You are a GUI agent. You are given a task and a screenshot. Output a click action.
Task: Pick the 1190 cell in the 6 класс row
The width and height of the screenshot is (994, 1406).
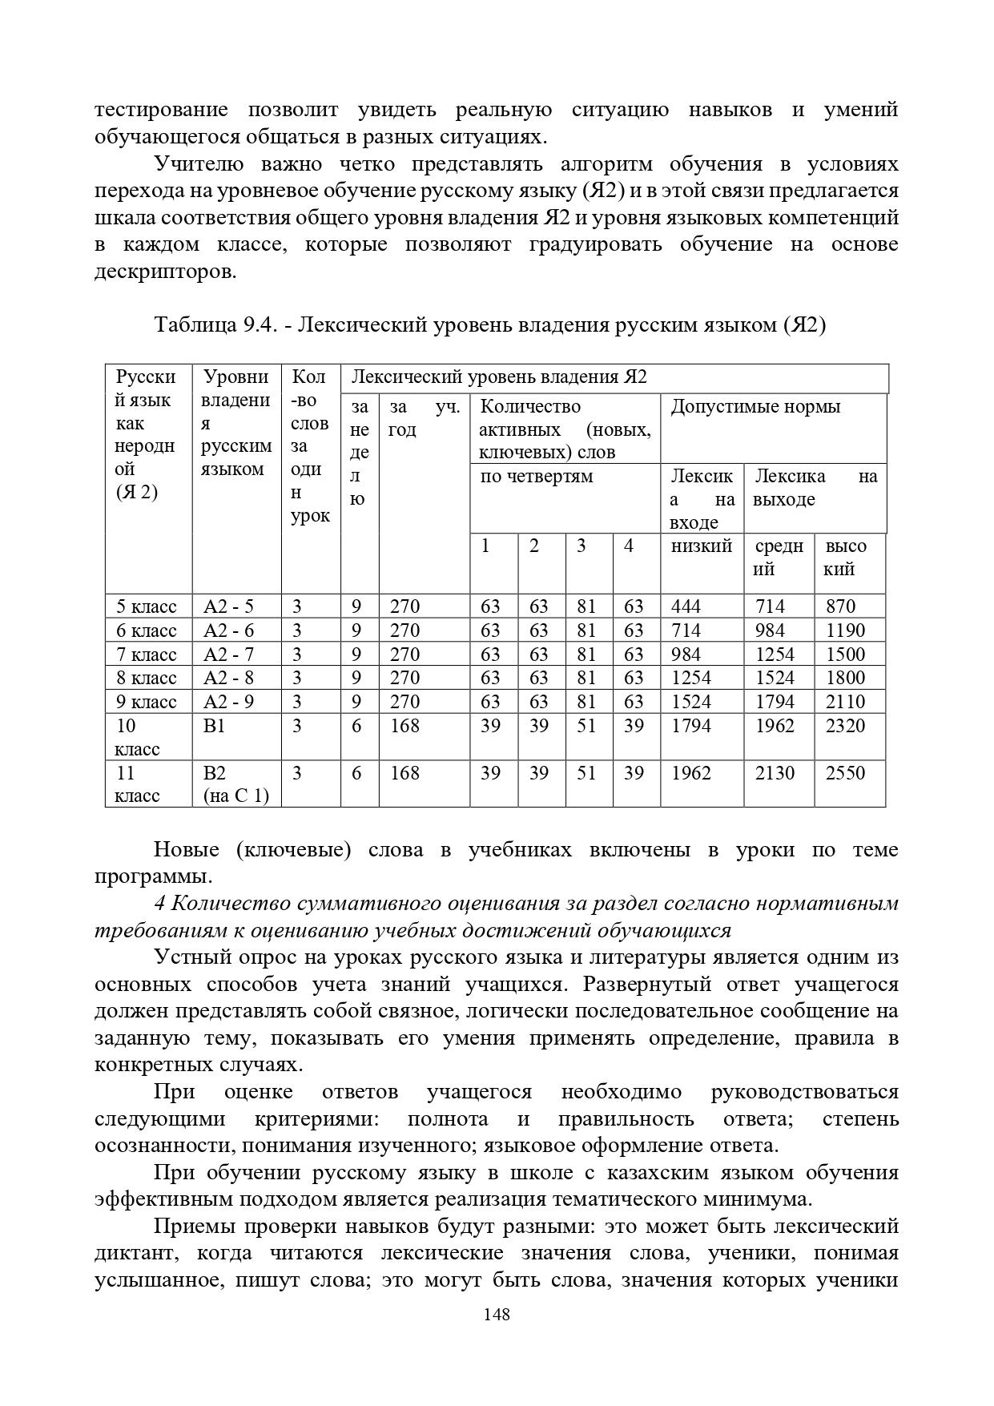point(846,630)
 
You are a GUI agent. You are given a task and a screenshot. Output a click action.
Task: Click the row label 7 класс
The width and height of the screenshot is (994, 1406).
point(147,655)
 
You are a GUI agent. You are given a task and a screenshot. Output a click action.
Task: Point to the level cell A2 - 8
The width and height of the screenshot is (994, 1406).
point(229,678)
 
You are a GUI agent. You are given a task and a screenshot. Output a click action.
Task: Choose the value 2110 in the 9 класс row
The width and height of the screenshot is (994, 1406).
point(846,702)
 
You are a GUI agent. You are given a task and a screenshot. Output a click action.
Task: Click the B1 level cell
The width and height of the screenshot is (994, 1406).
point(215,726)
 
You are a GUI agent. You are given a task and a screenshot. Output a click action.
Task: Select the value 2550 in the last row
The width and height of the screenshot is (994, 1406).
point(846,773)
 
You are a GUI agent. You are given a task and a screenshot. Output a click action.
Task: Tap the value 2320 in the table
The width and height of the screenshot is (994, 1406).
point(846,726)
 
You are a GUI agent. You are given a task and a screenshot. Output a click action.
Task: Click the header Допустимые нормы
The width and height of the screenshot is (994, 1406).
point(755,407)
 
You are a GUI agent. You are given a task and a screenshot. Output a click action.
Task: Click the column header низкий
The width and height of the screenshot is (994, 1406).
point(702,546)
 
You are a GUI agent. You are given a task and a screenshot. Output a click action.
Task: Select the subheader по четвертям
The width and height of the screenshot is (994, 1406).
point(536,477)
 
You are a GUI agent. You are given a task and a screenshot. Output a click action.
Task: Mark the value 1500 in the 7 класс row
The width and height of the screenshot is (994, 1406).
point(846,655)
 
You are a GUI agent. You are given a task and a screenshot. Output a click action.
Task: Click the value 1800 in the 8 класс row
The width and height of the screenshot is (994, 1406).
point(846,678)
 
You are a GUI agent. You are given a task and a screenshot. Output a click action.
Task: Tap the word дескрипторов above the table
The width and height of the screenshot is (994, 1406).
point(165,272)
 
